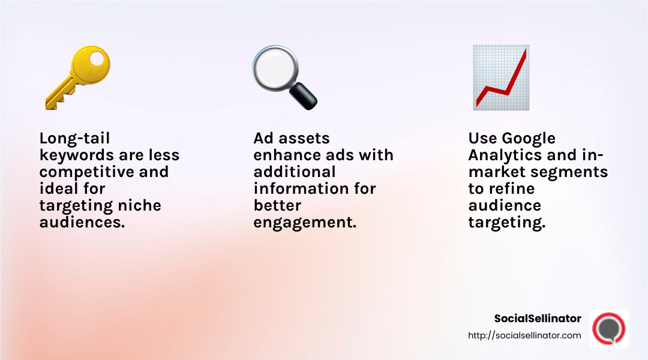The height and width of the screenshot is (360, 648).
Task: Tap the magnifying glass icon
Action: (x=283, y=77)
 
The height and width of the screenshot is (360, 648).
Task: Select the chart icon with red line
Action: (x=500, y=77)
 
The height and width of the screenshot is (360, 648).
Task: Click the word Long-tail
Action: (x=74, y=139)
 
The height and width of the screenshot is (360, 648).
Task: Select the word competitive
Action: (x=74, y=172)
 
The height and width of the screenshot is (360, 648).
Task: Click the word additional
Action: (x=295, y=172)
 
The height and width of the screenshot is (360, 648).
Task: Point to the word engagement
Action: (x=305, y=223)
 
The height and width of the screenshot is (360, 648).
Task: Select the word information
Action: (x=299, y=188)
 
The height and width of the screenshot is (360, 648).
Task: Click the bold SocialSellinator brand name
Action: (x=538, y=319)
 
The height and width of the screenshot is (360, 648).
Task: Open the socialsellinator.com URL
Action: (x=524, y=335)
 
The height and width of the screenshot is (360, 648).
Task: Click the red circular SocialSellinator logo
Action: (x=608, y=329)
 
